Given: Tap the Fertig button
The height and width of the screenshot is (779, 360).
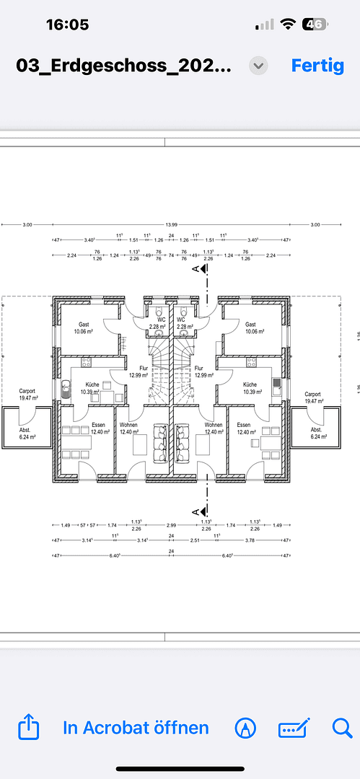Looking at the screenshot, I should click(317, 65).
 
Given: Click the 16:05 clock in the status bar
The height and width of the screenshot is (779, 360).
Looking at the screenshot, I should click(67, 25).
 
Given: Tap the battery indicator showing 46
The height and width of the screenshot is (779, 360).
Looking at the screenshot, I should click(314, 24).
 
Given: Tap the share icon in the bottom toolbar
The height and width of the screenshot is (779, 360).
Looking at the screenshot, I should click(27, 727).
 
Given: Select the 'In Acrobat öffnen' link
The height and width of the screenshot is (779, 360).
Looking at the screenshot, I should click(136, 728).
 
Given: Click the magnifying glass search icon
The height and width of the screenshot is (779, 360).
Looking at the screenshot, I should click(341, 728).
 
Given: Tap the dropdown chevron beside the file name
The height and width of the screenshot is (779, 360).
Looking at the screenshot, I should click(258, 66).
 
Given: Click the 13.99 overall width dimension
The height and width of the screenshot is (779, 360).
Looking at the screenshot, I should click(171, 225).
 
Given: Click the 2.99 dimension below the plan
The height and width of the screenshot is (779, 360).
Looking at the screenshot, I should click(171, 525).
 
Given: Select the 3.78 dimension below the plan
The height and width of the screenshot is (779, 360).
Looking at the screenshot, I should click(250, 540).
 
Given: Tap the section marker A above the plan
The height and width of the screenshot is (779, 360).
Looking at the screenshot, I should click(195, 269).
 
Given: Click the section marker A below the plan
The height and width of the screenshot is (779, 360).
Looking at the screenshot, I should click(195, 511).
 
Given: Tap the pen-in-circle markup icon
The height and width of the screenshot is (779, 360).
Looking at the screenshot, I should click(245, 728).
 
